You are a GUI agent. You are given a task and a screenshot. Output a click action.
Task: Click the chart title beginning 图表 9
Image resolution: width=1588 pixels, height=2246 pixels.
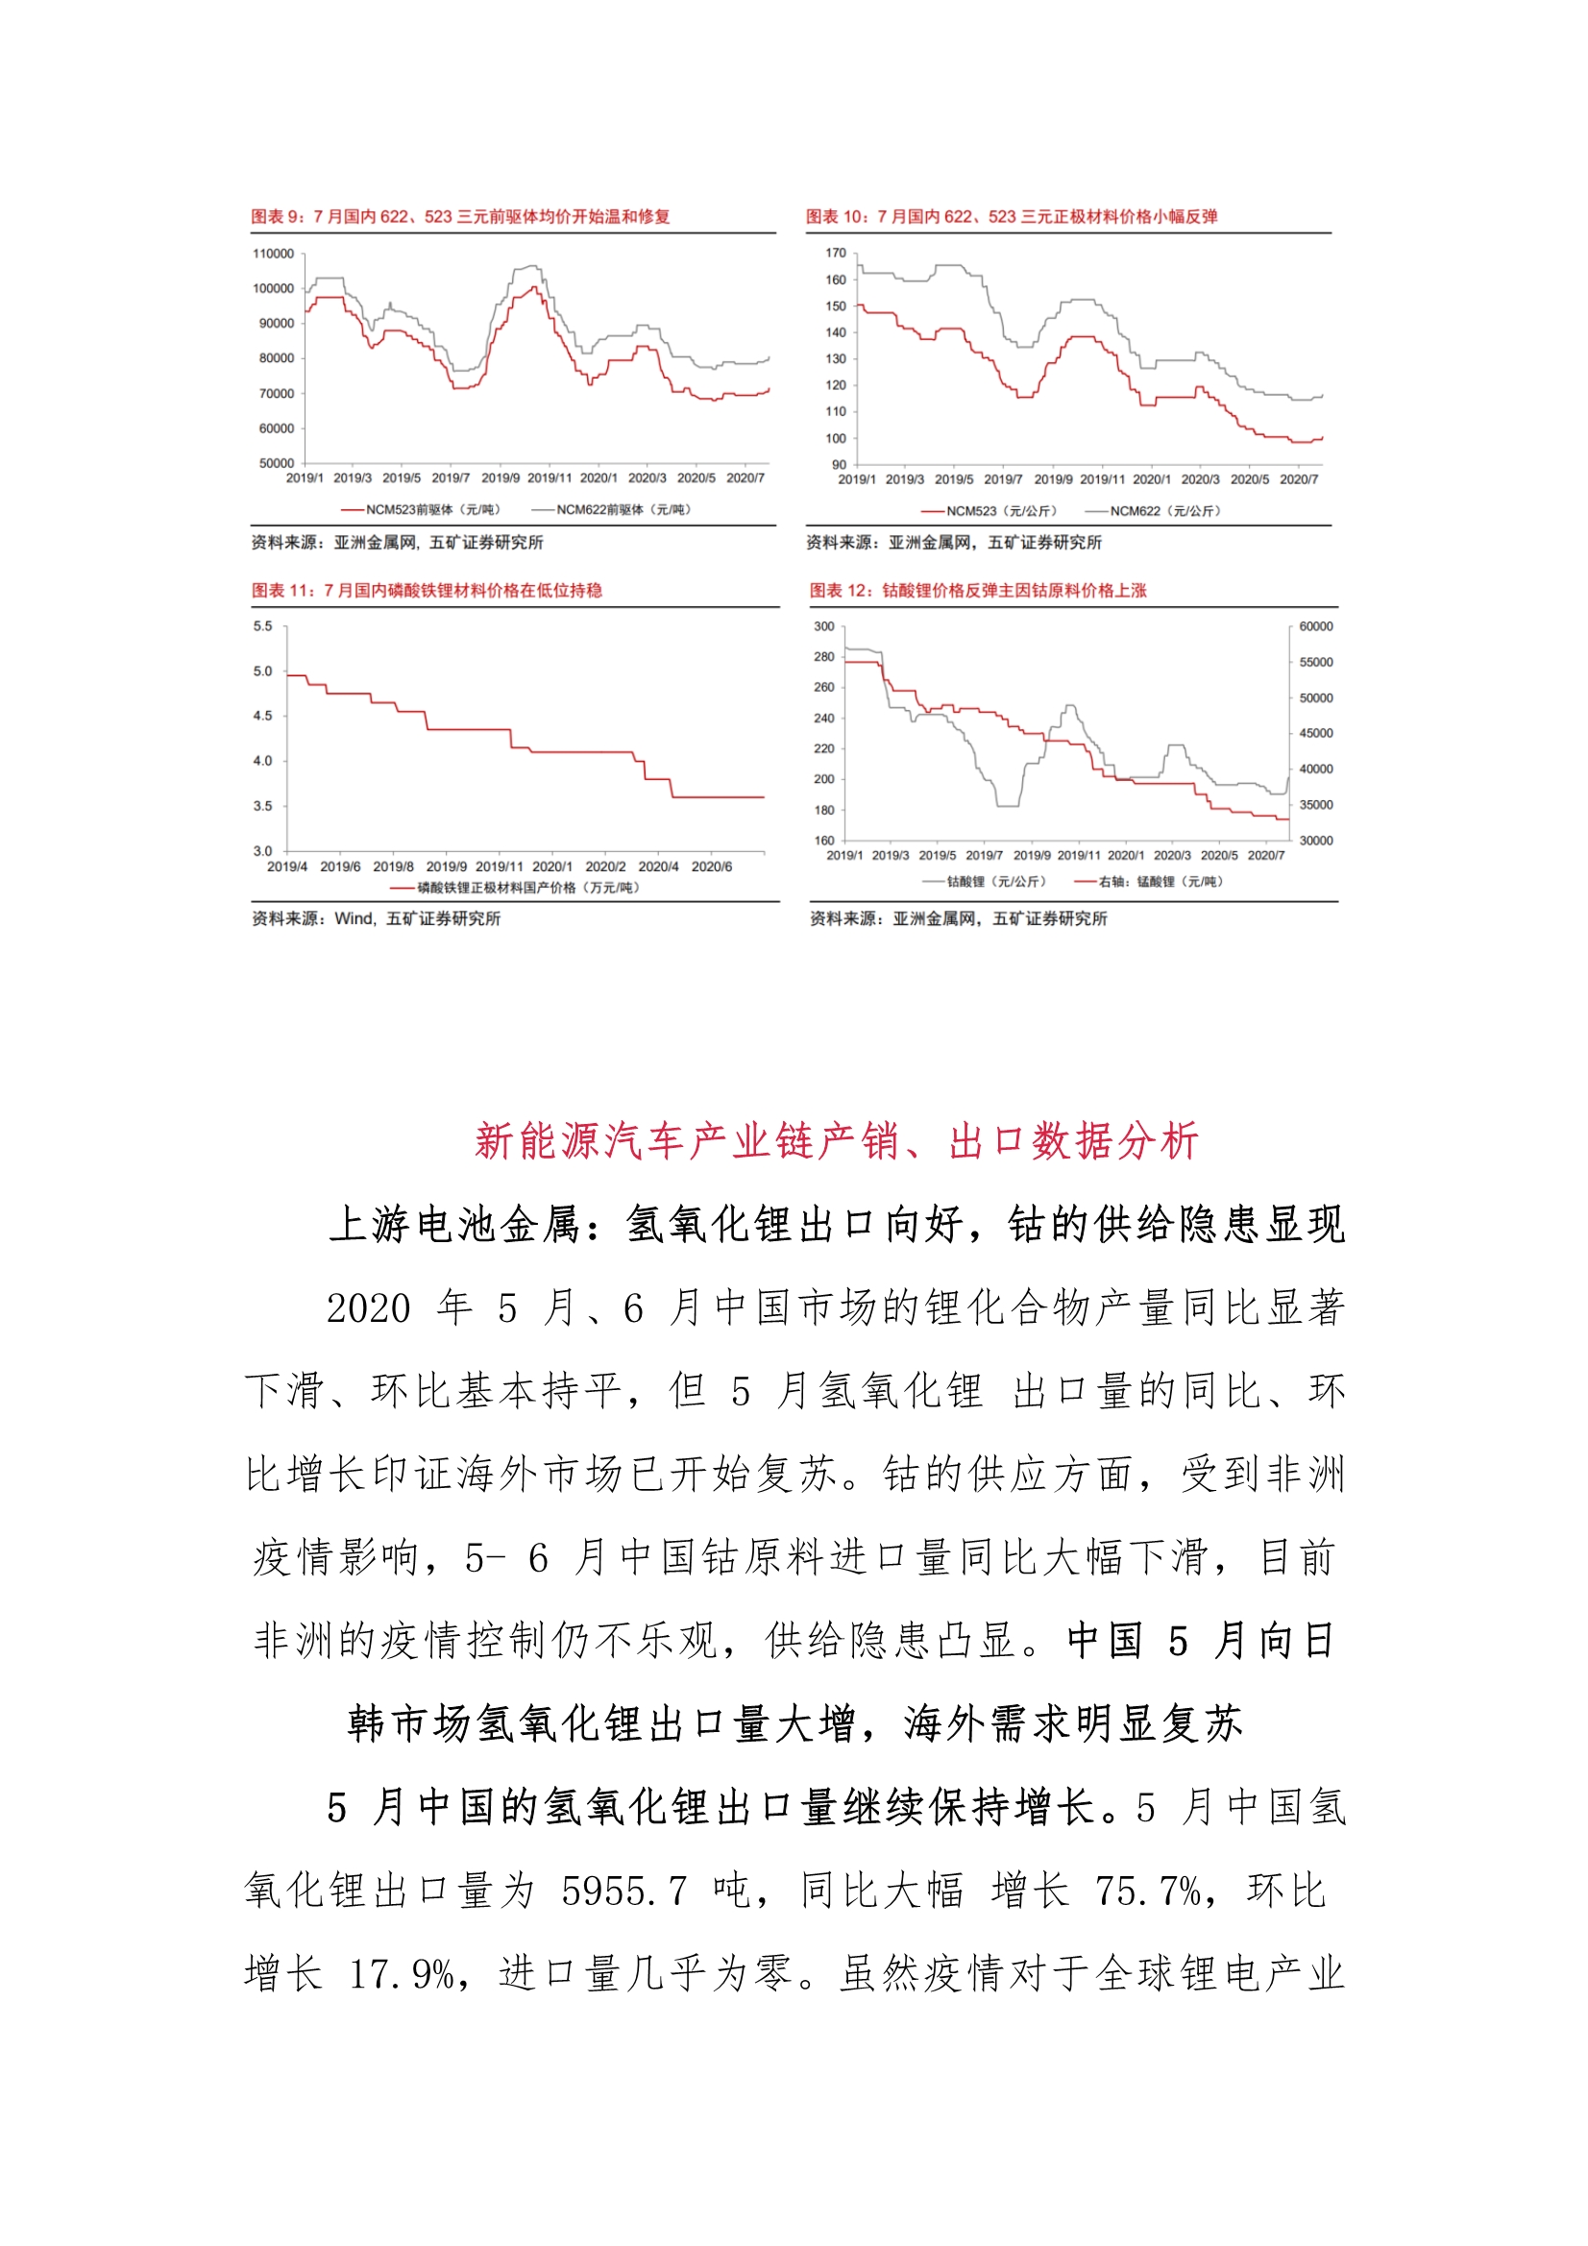[x=460, y=216]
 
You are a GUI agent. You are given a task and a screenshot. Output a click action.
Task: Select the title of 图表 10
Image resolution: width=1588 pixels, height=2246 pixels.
[x=1011, y=216]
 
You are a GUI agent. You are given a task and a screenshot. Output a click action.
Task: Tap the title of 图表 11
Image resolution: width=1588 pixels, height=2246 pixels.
[x=427, y=590]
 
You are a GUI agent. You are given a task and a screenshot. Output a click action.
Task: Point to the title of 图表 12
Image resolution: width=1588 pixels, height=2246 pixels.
[x=976, y=590]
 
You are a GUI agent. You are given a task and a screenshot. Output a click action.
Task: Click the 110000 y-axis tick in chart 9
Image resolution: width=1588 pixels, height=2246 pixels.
[x=273, y=254]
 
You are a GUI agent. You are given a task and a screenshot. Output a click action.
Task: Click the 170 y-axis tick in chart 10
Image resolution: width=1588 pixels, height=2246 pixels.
[x=835, y=253]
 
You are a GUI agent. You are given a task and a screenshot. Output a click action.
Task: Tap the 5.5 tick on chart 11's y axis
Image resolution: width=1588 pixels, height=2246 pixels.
[x=262, y=626]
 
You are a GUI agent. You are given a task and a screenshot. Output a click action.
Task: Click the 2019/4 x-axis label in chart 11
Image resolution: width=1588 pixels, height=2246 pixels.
[x=286, y=867]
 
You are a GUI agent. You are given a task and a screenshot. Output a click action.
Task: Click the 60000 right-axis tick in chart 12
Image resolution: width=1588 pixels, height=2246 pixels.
[x=1315, y=626]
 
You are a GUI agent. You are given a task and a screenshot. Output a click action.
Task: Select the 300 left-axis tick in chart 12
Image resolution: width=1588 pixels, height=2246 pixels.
[x=824, y=626]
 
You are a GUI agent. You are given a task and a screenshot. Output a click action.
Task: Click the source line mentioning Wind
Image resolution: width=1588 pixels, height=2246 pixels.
[x=376, y=917]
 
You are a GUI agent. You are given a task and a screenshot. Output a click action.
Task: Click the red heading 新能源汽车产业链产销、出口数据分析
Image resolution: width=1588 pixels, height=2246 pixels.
[x=836, y=1140]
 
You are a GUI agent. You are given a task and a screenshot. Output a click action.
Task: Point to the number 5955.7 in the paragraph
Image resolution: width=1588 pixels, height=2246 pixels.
[x=623, y=1891]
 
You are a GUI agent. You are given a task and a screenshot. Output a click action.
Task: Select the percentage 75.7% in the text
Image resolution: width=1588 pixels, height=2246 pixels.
[x=1148, y=1891]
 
